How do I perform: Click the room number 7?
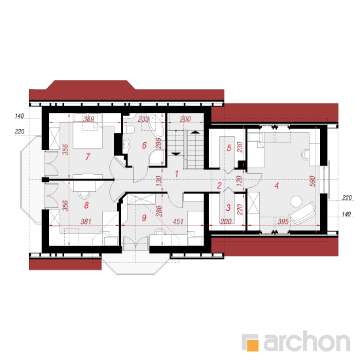pyautogui.click(x=88, y=156)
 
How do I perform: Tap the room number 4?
pyautogui.click(x=277, y=185)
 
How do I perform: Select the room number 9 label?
pyautogui.click(x=144, y=218)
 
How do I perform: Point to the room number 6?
pyautogui.click(x=144, y=145)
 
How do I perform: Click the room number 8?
pyautogui.click(x=86, y=206)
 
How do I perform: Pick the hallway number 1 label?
pyautogui.click(x=177, y=174)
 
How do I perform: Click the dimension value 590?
pyautogui.click(x=312, y=181)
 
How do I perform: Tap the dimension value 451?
pyautogui.click(x=178, y=221)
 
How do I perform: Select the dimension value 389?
pyautogui.click(x=88, y=119)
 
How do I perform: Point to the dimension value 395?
pyautogui.click(x=283, y=221)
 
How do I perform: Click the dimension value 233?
pyautogui.click(x=143, y=119)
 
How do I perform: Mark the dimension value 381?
pyautogui.click(x=86, y=221)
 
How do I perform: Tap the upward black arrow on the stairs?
pyautogui.click(x=194, y=132)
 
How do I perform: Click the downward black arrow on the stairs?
pyautogui.click(x=176, y=154)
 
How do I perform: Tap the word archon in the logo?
pyautogui.click(x=307, y=342)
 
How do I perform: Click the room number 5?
pyautogui.click(x=229, y=148)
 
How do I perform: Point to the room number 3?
pyautogui.click(x=228, y=207)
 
